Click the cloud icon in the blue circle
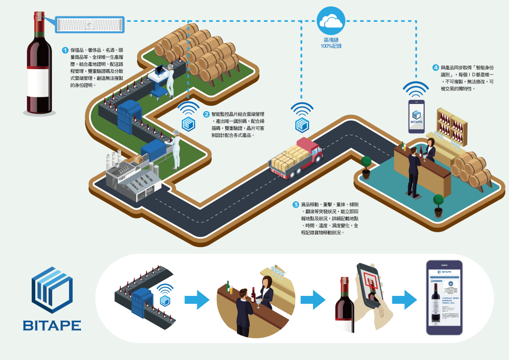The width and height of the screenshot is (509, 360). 331,21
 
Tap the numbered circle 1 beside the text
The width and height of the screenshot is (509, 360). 65,50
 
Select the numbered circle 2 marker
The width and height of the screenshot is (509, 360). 206,114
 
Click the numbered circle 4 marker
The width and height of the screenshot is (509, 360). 436,68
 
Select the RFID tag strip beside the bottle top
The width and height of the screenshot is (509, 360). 89,23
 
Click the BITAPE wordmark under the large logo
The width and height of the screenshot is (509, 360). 52,326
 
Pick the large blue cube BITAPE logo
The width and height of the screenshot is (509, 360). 52,290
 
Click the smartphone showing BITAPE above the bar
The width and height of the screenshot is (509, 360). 416,116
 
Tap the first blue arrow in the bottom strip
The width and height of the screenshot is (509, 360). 197,300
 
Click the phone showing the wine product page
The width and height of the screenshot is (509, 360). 444,297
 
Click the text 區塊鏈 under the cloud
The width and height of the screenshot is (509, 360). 331,39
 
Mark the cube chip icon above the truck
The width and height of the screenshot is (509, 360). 302,124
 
